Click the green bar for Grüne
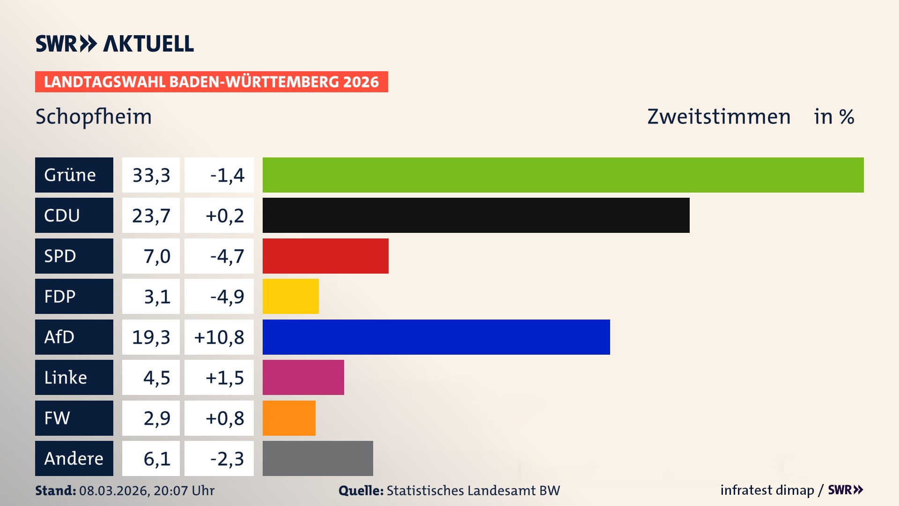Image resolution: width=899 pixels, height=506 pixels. [x=563, y=175]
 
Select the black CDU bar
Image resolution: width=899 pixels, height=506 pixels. [x=476, y=215]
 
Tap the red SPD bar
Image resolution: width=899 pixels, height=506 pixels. [x=325, y=256]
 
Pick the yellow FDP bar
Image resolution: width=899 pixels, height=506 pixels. [x=290, y=296]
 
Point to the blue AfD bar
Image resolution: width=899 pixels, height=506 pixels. [x=436, y=337]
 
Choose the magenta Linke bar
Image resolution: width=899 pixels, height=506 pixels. [x=303, y=377]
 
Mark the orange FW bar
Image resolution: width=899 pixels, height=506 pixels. [x=289, y=418]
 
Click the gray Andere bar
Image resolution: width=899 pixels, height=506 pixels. [x=317, y=458]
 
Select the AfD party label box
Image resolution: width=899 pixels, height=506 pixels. [x=74, y=337]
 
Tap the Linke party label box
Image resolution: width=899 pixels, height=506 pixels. [x=74, y=377]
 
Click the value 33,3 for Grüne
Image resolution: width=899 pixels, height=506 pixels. [x=151, y=175]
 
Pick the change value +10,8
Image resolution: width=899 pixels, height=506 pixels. [x=219, y=337]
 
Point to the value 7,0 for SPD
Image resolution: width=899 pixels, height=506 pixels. [x=156, y=256]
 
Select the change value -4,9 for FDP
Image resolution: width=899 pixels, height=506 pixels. [x=227, y=296]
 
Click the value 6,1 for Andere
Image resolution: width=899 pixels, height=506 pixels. [x=156, y=458]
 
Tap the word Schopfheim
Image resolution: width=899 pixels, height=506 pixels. [x=94, y=117]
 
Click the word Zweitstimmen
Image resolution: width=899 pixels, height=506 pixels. [x=719, y=117]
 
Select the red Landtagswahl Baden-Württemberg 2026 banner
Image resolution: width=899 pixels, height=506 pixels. [x=211, y=82]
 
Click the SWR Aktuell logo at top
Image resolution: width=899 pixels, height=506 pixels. [x=114, y=44]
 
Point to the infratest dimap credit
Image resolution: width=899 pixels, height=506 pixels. [x=767, y=490]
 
